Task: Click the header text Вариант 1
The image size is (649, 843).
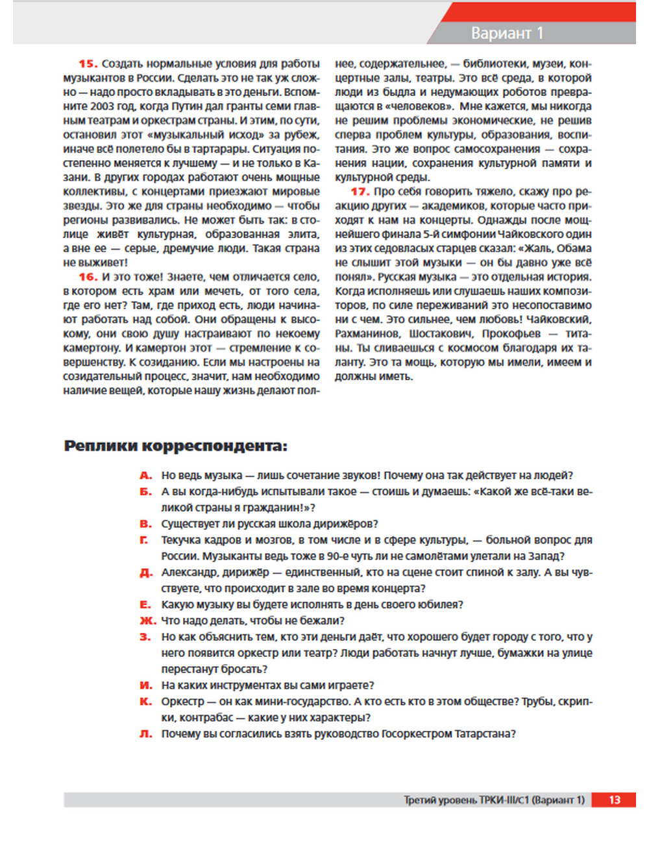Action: click(x=507, y=33)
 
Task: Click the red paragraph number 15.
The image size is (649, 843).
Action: click(x=88, y=64)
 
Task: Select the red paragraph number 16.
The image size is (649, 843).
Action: click(x=88, y=277)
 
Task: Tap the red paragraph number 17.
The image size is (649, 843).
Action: click(x=360, y=191)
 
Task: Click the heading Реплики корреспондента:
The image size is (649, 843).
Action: click(x=175, y=446)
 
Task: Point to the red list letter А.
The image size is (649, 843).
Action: click(x=145, y=475)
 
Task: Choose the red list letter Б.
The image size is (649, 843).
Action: click(x=145, y=492)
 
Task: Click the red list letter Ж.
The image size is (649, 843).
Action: click(x=147, y=621)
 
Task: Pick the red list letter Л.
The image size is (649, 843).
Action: click(x=145, y=734)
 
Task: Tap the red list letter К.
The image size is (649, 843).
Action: click(x=145, y=702)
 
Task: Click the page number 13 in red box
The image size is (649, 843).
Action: click(x=614, y=800)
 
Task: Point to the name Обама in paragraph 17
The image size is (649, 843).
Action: click(x=573, y=248)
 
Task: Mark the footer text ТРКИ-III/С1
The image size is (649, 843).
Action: click(x=504, y=800)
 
